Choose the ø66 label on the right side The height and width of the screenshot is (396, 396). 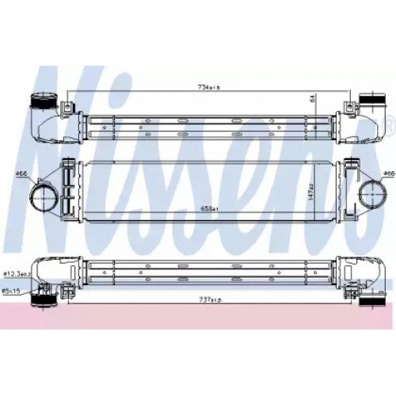coord(389,172)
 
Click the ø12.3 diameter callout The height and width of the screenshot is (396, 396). coord(15,274)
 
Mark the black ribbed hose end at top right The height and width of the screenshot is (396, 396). coord(371,104)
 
